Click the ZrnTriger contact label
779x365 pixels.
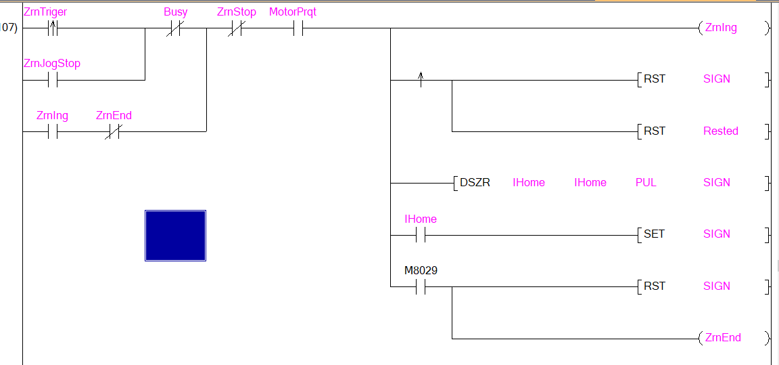(x=45, y=12)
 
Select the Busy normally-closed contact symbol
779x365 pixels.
(x=175, y=29)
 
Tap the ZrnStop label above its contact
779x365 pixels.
(x=236, y=12)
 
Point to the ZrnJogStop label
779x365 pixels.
(x=52, y=64)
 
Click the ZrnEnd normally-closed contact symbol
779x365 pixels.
(x=113, y=132)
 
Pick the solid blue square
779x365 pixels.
(x=175, y=235)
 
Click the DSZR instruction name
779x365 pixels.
(x=475, y=183)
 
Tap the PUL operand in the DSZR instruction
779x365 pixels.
(x=646, y=183)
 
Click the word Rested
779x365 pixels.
(x=721, y=131)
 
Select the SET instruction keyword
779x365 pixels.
(x=654, y=234)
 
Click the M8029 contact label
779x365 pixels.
(x=421, y=271)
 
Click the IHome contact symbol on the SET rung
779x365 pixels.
(x=421, y=235)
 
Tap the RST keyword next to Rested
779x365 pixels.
(x=654, y=131)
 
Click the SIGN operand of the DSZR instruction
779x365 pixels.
(x=717, y=183)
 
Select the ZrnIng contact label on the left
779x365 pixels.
(x=51, y=116)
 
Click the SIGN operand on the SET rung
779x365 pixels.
(x=717, y=234)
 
